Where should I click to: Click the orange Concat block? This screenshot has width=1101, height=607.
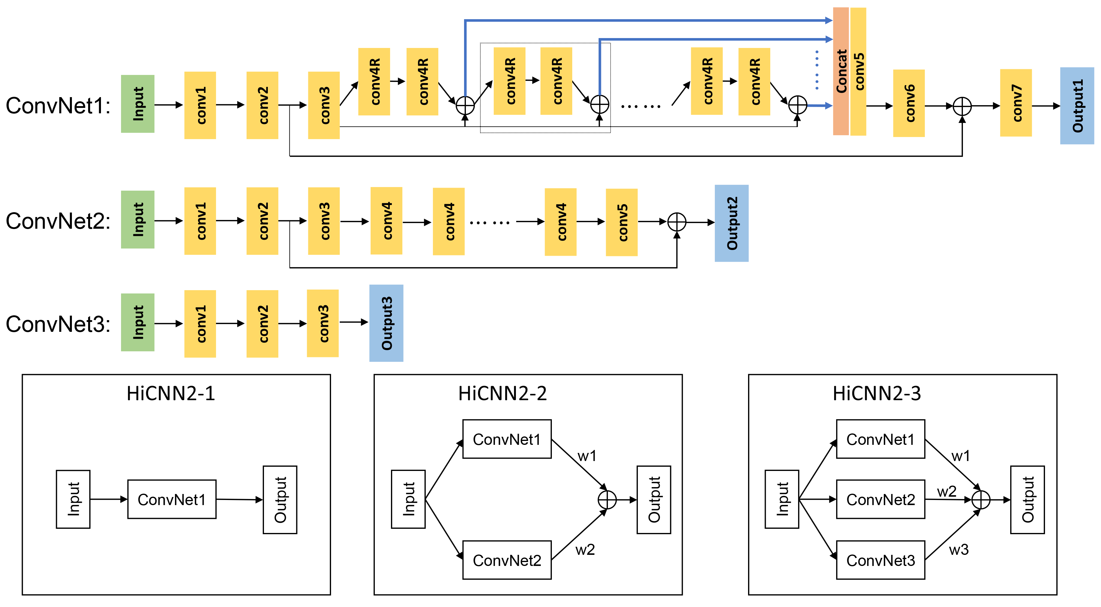coord(841,71)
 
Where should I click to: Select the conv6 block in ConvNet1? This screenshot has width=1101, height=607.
coord(909,103)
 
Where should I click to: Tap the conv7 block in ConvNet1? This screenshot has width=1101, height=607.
coord(1016,103)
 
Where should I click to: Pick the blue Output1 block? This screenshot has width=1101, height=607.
coord(1077,106)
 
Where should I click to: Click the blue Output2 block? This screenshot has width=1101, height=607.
coord(732,223)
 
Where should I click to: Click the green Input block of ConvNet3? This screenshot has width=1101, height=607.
coord(138,322)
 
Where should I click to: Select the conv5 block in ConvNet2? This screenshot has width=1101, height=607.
coord(622,222)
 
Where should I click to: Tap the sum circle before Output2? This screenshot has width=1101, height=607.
coord(677,222)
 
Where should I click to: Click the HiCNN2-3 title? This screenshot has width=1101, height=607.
coord(877,393)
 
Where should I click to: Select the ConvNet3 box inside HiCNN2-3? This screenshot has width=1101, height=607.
coord(881,560)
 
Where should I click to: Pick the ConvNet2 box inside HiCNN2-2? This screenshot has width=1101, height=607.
coord(507,560)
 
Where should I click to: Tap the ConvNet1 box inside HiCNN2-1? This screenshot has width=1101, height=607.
coord(172,499)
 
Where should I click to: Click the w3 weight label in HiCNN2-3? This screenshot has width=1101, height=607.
coord(959,550)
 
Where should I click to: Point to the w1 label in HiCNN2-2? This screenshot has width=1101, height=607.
coord(587,456)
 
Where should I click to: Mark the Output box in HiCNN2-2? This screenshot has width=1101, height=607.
coord(654,500)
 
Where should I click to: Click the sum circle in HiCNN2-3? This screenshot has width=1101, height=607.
coord(981,500)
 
